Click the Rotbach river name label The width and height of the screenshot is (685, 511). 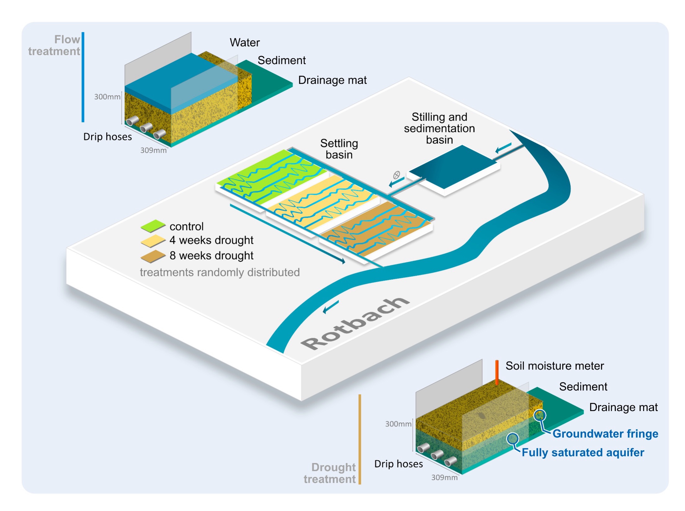click(x=355, y=323)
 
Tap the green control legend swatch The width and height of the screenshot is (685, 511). click(x=153, y=226)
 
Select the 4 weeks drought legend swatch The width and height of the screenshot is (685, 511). click(x=153, y=241)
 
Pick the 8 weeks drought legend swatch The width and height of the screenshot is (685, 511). click(x=153, y=256)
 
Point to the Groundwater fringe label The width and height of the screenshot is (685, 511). click(x=605, y=434)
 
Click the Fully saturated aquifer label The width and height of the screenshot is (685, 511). click(x=583, y=452)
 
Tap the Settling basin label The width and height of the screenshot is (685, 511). click(x=339, y=149)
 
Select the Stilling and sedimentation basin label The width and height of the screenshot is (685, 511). click(x=439, y=128)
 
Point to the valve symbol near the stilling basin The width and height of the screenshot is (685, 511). click(x=396, y=175)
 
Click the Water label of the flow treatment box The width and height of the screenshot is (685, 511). click(x=245, y=42)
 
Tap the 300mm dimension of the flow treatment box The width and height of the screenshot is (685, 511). click(x=107, y=97)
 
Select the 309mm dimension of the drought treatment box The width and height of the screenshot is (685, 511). click(x=444, y=478)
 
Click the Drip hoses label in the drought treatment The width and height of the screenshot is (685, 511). click(x=398, y=464)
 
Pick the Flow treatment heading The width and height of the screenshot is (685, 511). click(x=54, y=45)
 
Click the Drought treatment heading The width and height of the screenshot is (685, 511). click(x=330, y=473)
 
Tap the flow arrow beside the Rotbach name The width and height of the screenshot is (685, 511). click(x=331, y=307)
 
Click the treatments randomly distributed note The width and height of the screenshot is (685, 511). click(x=220, y=273)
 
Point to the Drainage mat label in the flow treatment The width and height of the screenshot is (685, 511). click(x=332, y=80)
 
